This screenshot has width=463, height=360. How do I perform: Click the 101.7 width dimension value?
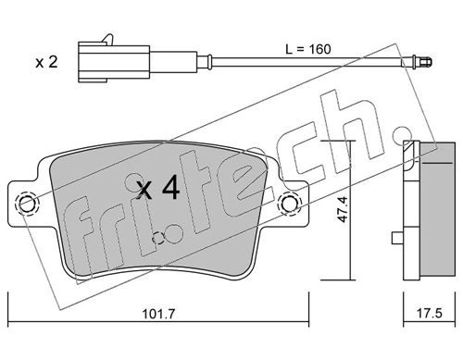click(x=158, y=314)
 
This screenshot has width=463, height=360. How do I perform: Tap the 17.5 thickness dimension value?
click(x=430, y=314)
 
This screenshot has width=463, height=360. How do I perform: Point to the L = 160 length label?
click(x=308, y=49)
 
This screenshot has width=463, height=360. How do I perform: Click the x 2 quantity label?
click(x=46, y=62)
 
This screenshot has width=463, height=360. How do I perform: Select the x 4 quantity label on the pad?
click(x=158, y=187)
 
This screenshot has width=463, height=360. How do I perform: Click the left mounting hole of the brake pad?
click(x=27, y=204)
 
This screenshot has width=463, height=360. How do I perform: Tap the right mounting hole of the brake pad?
click(x=290, y=203)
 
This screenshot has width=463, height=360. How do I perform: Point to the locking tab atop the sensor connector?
click(x=108, y=39)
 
